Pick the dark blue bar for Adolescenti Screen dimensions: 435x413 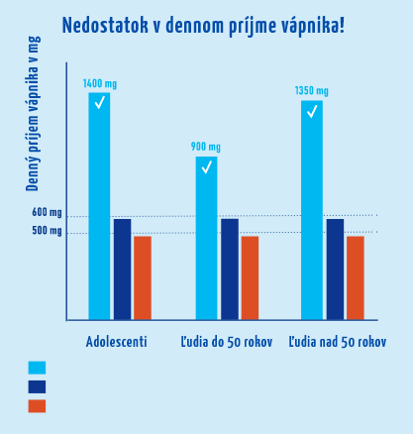122,269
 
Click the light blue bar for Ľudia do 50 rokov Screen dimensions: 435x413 206,238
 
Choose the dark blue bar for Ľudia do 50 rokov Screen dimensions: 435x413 229,269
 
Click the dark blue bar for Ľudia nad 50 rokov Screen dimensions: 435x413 335,269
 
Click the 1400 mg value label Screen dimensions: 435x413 99,84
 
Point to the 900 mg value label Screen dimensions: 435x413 206,148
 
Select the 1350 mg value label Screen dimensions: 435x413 312,91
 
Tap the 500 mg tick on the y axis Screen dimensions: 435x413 47,232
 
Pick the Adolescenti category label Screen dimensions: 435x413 117,342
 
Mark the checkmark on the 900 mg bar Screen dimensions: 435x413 206,166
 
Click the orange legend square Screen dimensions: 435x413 37,406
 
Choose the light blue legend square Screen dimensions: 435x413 37,368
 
